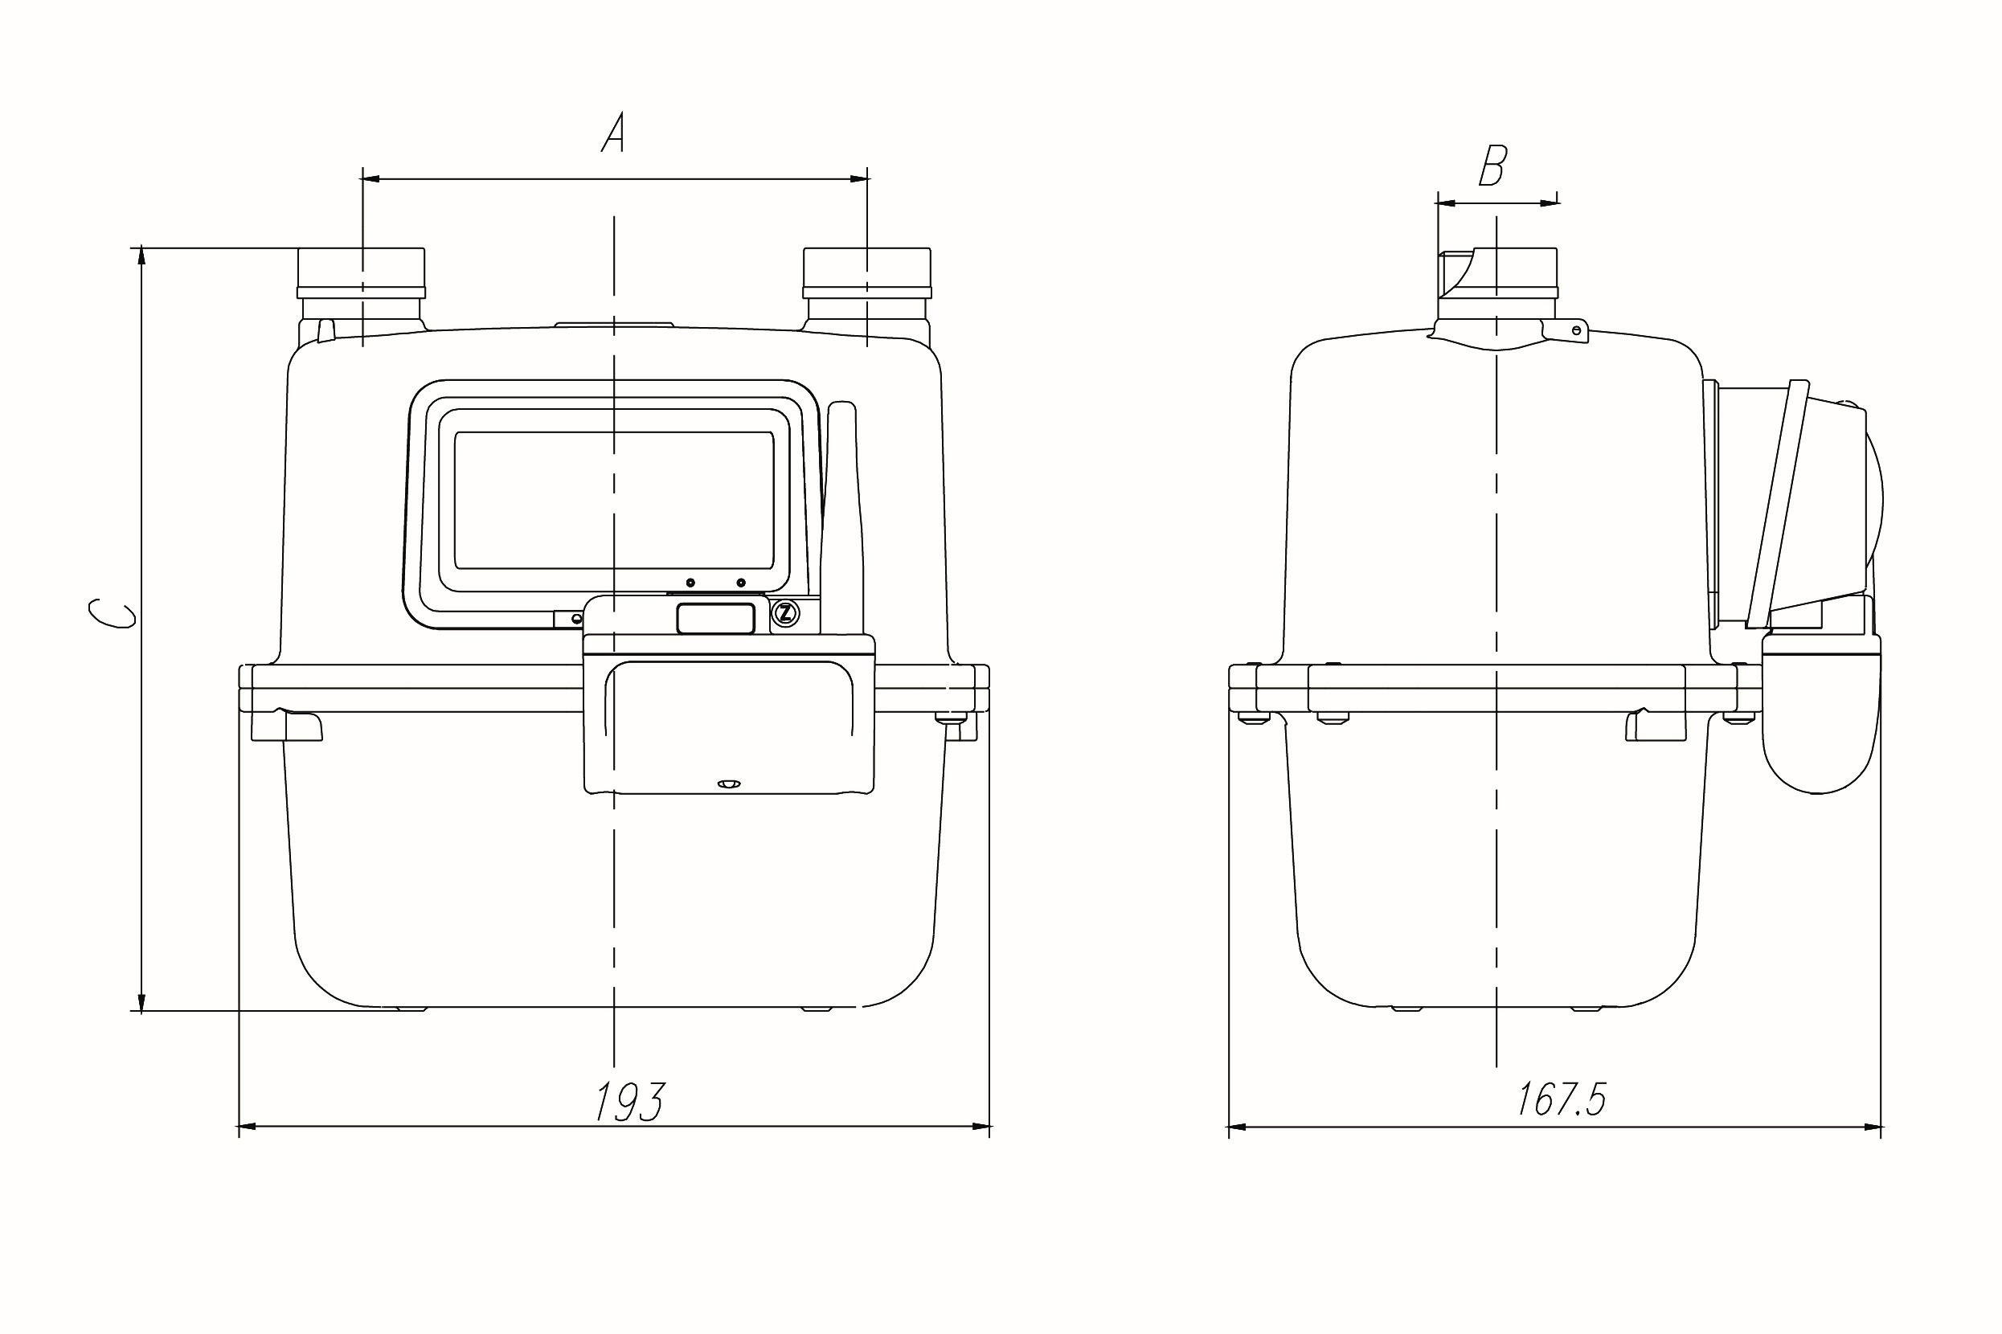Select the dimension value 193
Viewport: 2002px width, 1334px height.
point(627,1102)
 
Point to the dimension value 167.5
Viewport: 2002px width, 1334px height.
point(1562,1099)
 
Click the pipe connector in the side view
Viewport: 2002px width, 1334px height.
point(1496,289)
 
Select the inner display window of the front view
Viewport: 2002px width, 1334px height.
point(614,500)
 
